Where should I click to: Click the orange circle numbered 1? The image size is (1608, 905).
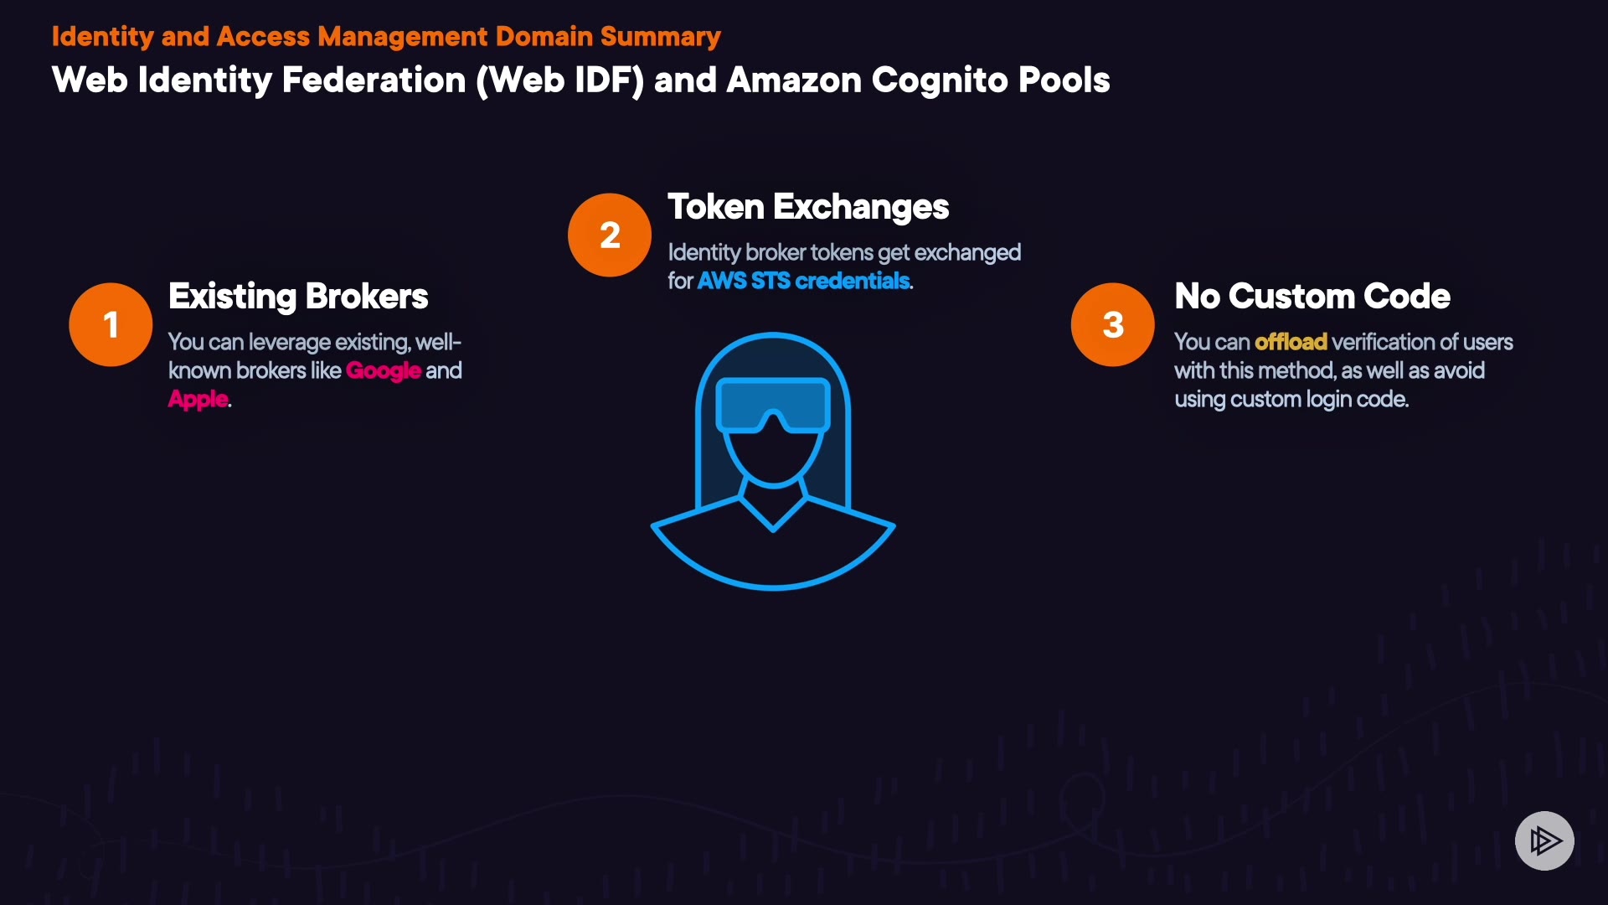pos(111,324)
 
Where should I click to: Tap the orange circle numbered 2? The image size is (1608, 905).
pos(610,235)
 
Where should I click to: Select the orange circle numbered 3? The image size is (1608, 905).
pos(1112,324)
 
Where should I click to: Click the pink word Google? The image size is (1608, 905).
pos(383,370)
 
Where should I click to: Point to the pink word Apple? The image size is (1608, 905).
pos(198,399)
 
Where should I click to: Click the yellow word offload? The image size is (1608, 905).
pos(1291,342)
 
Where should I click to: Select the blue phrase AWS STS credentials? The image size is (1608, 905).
pos(803,281)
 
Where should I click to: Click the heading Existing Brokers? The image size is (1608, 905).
pos(298,296)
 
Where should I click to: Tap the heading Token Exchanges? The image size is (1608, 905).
pos(807,207)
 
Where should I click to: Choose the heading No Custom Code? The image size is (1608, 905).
pos(1312,296)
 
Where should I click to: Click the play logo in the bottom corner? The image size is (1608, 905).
pos(1544,840)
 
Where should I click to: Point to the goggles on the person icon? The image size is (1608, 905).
pos(773,406)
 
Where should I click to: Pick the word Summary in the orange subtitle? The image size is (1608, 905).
pos(660,36)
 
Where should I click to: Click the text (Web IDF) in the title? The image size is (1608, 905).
pos(560,80)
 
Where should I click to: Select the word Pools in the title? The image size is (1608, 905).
pos(1063,80)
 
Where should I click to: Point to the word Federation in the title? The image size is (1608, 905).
pos(374,80)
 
